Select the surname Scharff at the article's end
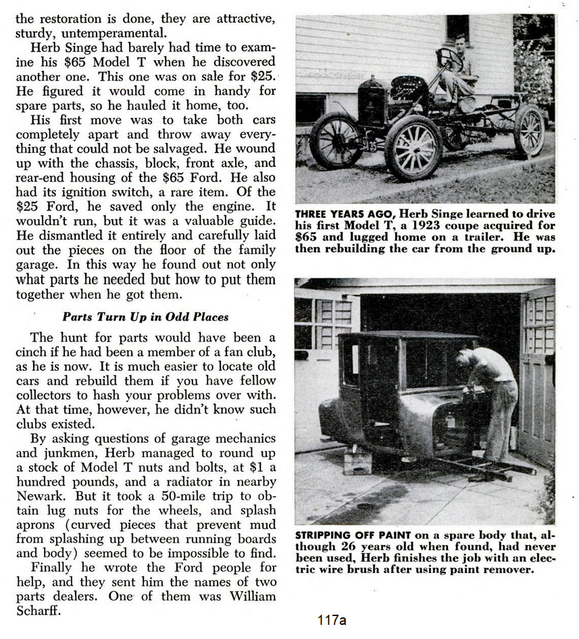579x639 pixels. pyautogui.click(x=38, y=611)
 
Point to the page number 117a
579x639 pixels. pyautogui.click(x=331, y=620)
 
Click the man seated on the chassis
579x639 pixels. pyautogui.click(x=459, y=71)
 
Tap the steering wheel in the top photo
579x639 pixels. pyautogui.click(x=448, y=59)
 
